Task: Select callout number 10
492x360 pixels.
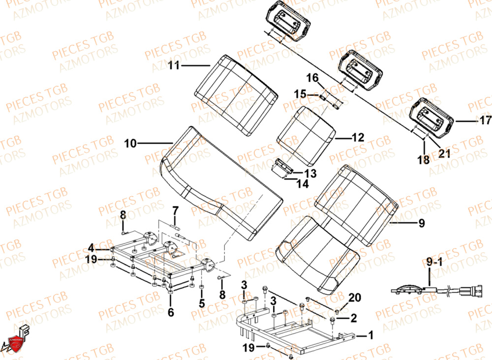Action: click(x=130, y=143)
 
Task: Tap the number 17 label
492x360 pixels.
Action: click(x=485, y=120)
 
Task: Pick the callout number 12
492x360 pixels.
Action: click(x=358, y=138)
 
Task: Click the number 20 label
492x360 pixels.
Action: click(x=354, y=297)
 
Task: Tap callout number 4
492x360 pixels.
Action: click(x=91, y=247)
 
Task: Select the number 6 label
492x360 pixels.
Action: click(x=171, y=312)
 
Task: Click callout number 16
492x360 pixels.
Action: click(x=313, y=78)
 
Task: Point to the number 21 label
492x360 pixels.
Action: click(x=444, y=153)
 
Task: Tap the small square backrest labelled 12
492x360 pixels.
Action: click(x=305, y=132)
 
